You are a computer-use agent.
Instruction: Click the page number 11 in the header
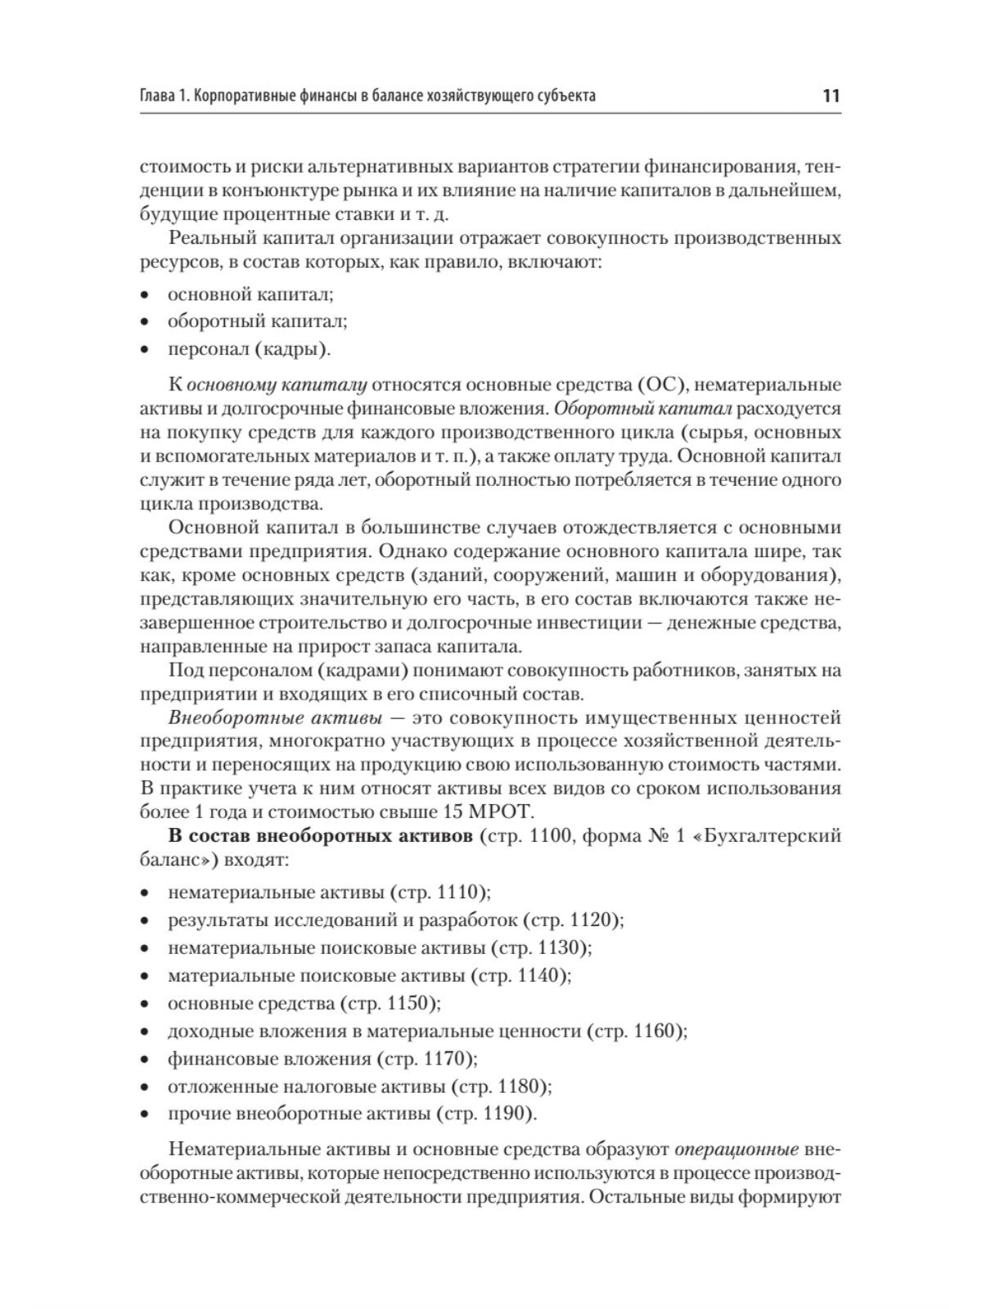pos(831,96)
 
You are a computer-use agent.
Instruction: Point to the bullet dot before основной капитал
pos(145,295)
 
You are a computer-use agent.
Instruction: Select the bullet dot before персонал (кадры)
pos(145,350)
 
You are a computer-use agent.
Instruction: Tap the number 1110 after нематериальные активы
pos(459,892)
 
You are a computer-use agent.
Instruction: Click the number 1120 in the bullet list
pos(592,920)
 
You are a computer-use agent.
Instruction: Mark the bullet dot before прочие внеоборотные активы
pos(145,1114)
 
